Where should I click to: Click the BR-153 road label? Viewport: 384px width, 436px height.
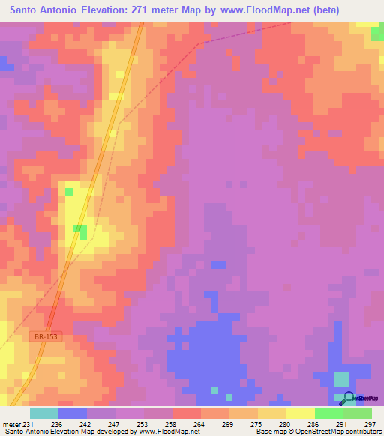[46, 337]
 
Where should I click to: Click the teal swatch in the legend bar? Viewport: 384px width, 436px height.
[44, 413]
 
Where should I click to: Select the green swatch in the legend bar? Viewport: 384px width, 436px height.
[329, 413]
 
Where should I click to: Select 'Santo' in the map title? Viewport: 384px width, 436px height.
[28, 10]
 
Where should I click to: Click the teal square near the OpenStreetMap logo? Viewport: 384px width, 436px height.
[341, 378]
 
